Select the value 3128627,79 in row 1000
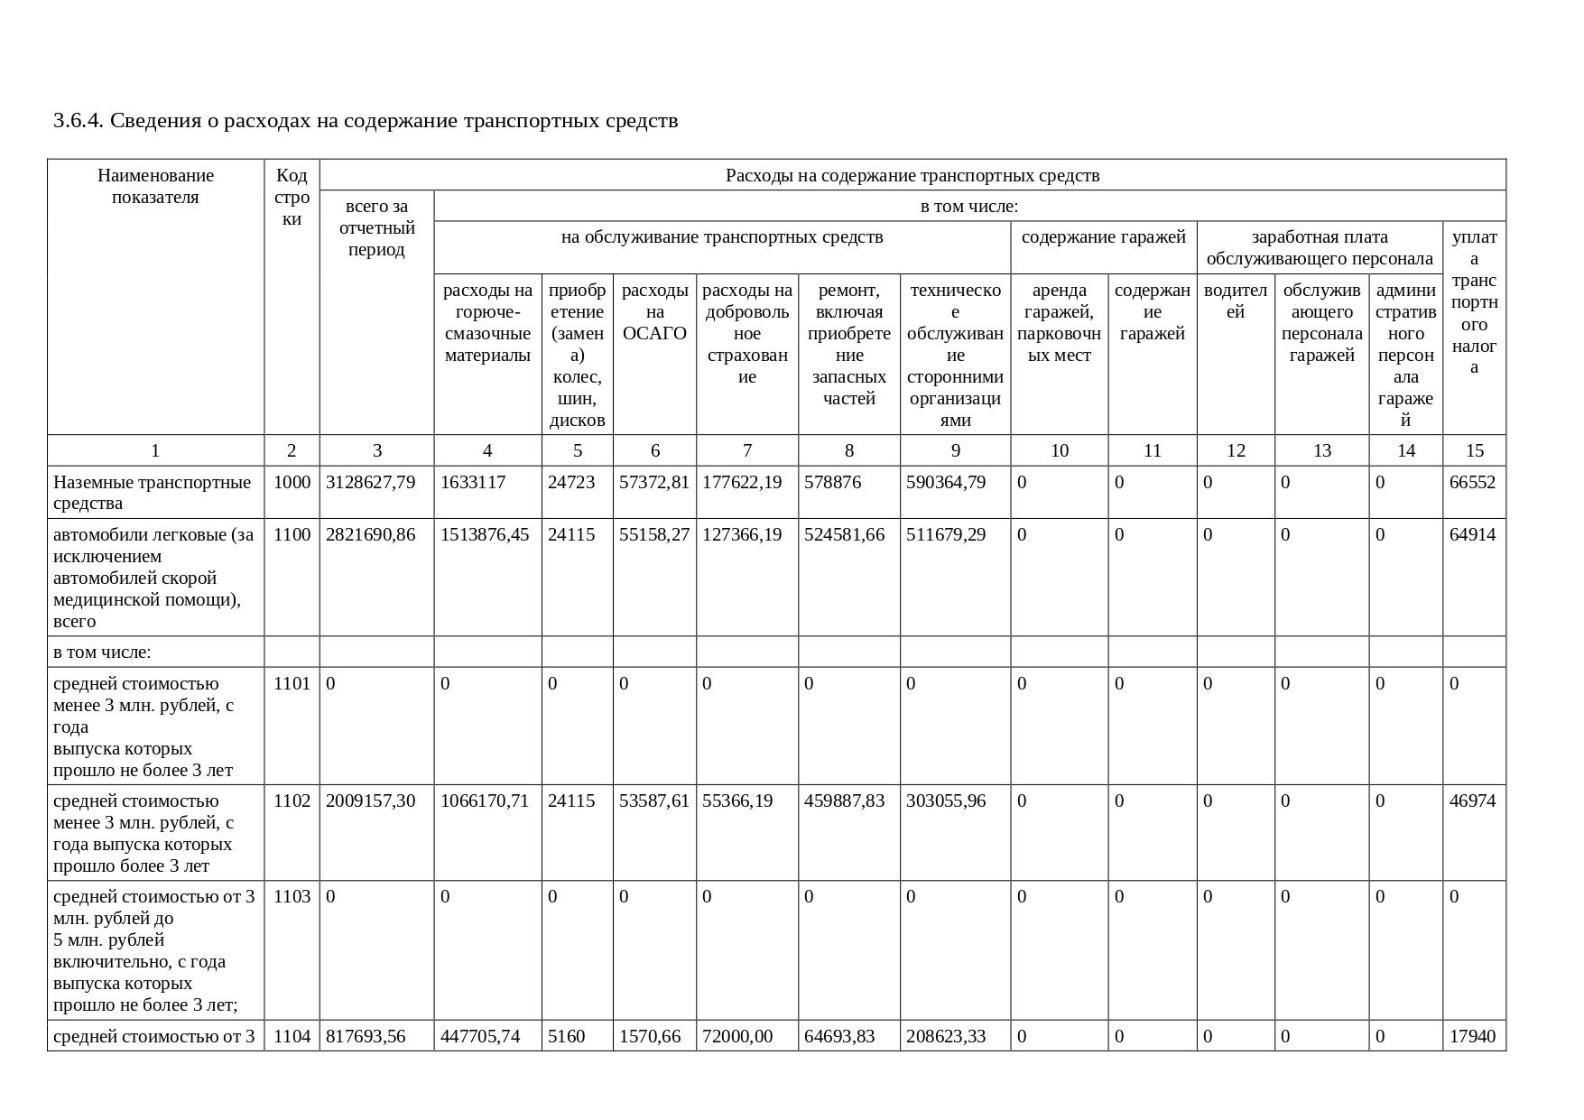pos(370,482)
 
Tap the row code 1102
pos(291,801)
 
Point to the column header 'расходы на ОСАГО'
pos(654,311)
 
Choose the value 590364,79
pos(946,482)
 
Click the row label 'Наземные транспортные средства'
pos(152,492)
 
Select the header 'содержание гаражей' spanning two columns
pos(1103,237)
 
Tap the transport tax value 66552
pos(1472,482)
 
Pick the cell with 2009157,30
pos(370,801)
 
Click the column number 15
pos(1474,450)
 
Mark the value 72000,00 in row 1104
pos(737,1036)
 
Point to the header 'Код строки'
pos(292,197)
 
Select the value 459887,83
pos(844,801)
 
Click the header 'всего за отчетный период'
pos(376,227)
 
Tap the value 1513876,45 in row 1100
pos(484,534)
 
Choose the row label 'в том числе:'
pos(102,652)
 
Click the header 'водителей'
pos(1235,301)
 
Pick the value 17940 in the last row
pos(1472,1036)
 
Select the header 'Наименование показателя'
pos(155,186)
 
